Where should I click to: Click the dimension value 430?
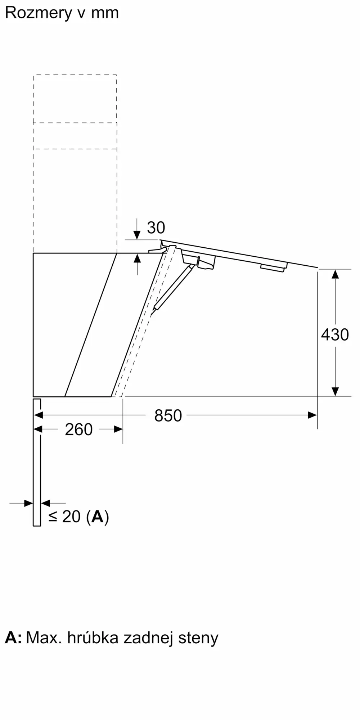pyautogui.click(x=335, y=335)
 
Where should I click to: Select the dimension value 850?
pyautogui.click(x=168, y=416)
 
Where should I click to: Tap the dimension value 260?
pyautogui.click(x=78, y=429)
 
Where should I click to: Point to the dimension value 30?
pyautogui.click(x=156, y=228)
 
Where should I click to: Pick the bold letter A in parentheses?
pyautogui.click(x=97, y=517)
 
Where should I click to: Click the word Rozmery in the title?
pyautogui.click(x=39, y=13)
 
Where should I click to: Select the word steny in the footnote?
pyautogui.click(x=198, y=638)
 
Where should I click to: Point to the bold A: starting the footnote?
pyautogui.click(x=13, y=638)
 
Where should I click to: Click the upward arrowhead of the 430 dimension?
pyautogui.click(x=335, y=274)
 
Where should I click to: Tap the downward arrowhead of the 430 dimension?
pyautogui.click(x=335, y=391)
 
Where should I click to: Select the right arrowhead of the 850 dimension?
pyautogui.click(x=312, y=415)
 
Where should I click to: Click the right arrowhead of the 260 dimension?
pyautogui.click(x=118, y=429)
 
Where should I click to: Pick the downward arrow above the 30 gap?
pyautogui.click(x=137, y=235)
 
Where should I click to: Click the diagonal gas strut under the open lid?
pyautogui.click(x=172, y=286)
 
